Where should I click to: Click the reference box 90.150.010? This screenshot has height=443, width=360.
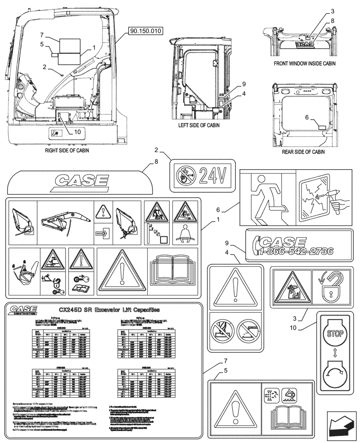146,31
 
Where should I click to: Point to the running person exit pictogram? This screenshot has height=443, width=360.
266,197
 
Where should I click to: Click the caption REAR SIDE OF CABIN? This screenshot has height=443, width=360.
303,152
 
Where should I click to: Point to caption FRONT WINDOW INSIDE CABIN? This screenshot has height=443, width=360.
305,64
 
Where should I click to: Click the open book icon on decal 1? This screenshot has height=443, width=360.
174,269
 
